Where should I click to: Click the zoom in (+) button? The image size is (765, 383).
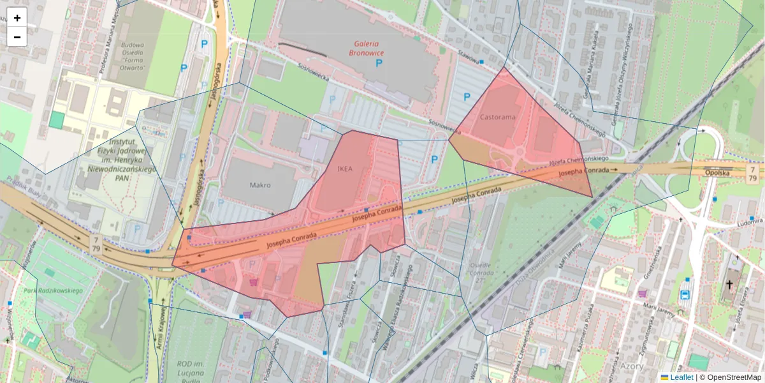[x=17, y=18]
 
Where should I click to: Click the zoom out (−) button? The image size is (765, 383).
[x=17, y=37]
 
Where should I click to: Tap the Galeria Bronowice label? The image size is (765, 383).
[x=372, y=49]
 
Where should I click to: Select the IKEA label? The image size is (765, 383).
[x=344, y=169]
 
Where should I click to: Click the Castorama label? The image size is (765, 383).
[x=497, y=117]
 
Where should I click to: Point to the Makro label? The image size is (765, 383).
[x=260, y=185]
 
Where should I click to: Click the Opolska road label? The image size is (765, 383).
[x=717, y=172]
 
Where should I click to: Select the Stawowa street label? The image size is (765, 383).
[x=468, y=57]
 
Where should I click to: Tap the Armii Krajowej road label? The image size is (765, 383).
[x=159, y=329]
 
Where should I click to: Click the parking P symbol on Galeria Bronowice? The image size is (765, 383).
[x=379, y=64]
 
